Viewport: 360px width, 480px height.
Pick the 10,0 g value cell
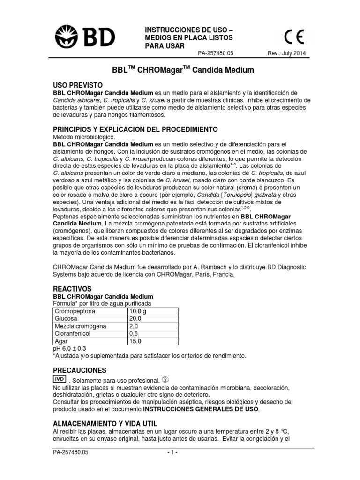(x=139, y=311)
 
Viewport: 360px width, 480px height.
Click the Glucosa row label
(x=67, y=319)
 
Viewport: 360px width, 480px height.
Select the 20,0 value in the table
(x=135, y=319)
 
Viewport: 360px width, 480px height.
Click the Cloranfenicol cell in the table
(x=75, y=333)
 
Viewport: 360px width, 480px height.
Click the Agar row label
(x=62, y=341)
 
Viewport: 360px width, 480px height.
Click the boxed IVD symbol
(x=60, y=379)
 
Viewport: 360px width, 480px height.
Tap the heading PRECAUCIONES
(x=80, y=370)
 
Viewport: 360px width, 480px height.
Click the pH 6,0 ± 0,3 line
(x=70, y=348)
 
